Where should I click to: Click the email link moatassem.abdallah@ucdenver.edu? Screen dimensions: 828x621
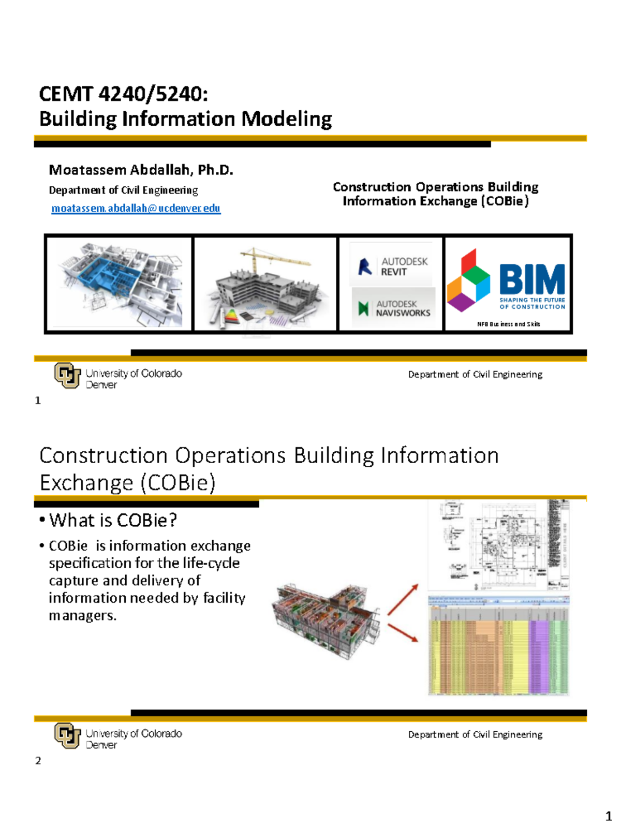click(x=136, y=209)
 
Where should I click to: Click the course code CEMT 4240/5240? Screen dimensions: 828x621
click(x=123, y=94)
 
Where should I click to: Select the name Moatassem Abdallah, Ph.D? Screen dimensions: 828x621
click(x=141, y=170)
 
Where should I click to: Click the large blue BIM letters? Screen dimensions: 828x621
click(x=532, y=280)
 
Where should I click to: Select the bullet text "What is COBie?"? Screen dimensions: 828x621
click(x=113, y=520)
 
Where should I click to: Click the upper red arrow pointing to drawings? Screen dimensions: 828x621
click(x=403, y=599)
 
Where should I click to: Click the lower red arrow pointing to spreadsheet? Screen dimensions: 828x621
click(x=403, y=632)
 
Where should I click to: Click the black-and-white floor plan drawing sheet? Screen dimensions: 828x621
click(x=498, y=545)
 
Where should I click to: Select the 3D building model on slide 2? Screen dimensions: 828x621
click(x=326, y=619)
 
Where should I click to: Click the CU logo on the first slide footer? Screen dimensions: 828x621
click(x=67, y=375)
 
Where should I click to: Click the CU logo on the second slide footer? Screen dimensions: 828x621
click(x=67, y=735)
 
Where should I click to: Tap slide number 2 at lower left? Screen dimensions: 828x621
click(x=38, y=760)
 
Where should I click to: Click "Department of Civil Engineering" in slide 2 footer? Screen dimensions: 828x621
click(x=475, y=734)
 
